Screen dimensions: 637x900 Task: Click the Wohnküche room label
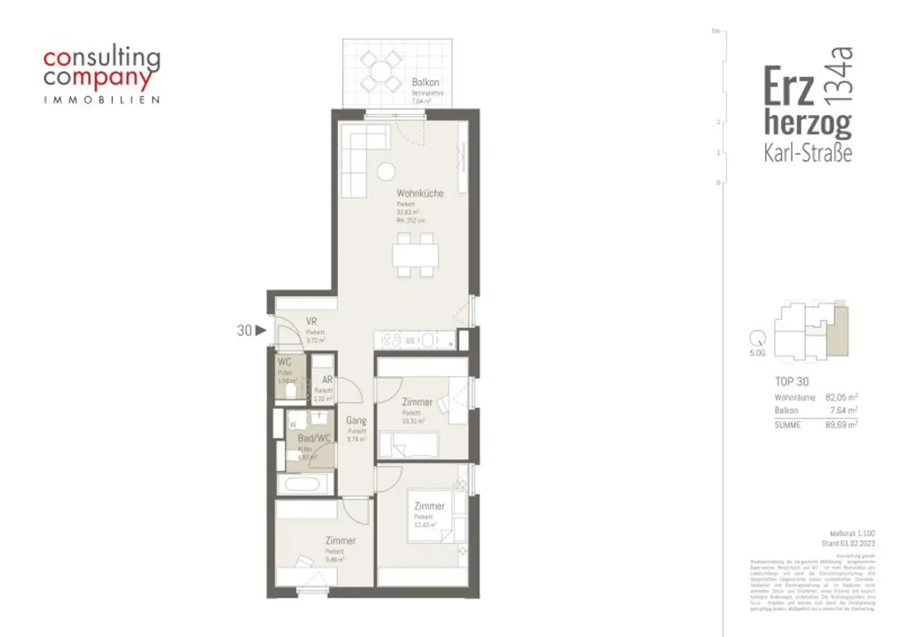[x=420, y=193]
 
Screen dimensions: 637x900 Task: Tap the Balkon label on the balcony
[x=425, y=83]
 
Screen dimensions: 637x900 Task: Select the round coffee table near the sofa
[x=386, y=172]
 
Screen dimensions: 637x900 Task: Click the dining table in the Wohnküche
[x=415, y=255]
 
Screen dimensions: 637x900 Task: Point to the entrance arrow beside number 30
[x=261, y=331]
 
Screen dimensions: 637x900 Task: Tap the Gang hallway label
[x=356, y=420]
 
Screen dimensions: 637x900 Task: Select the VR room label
[x=311, y=322]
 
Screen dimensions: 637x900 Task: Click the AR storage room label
[x=327, y=380]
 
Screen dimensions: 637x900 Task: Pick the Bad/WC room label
[x=314, y=438]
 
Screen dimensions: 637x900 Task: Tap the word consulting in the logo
[x=101, y=58]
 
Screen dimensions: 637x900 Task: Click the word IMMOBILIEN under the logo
[x=101, y=100]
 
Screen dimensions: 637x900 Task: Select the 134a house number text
[x=838, y=76]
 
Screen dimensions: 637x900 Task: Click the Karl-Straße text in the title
[x=807, y=153]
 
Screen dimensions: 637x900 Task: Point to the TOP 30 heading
[x=792, y=381]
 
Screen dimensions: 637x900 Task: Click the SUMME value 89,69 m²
[x=841, y=425]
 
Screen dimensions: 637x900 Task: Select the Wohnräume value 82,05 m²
[x=841, y=397]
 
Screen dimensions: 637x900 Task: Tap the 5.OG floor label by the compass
[x=757, y=353]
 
